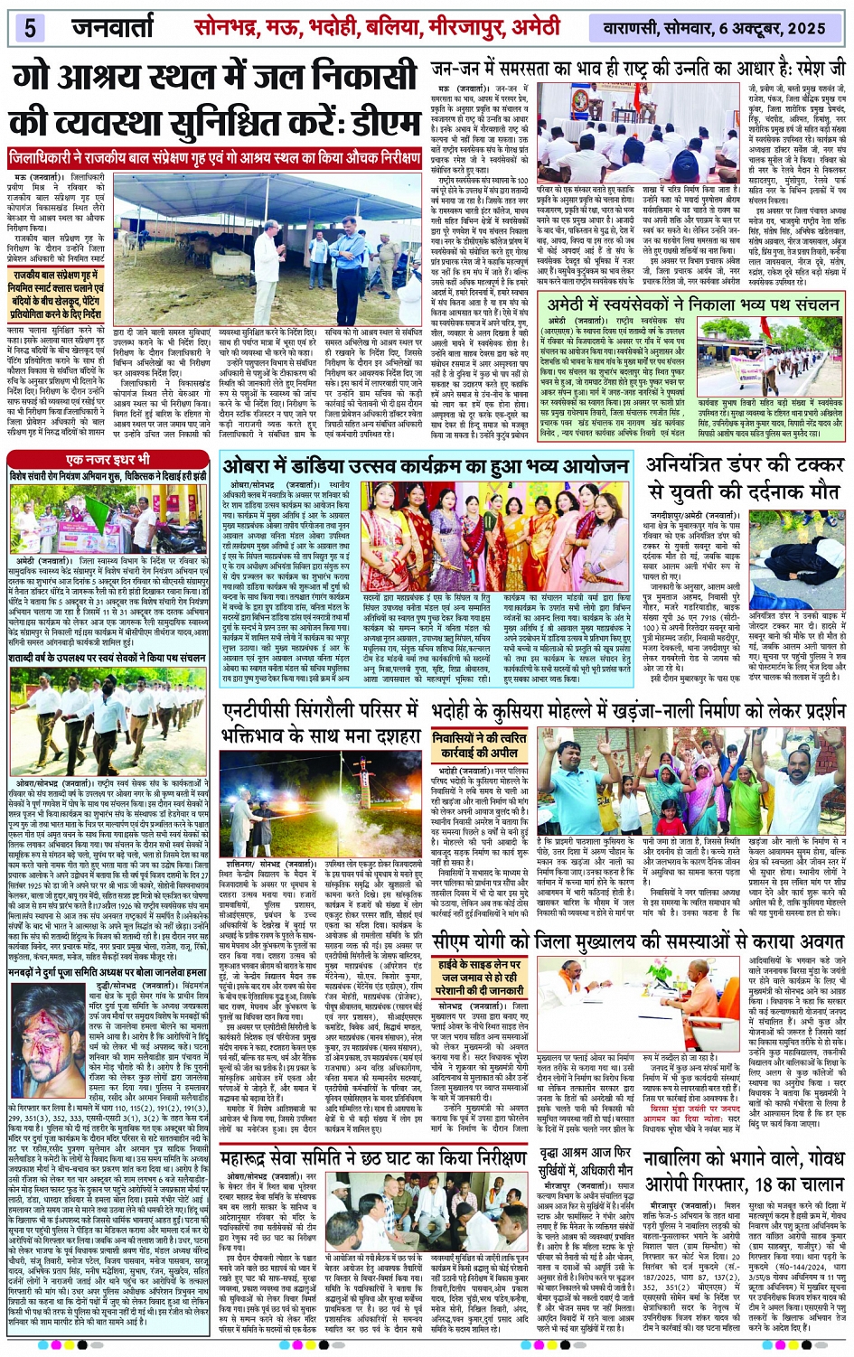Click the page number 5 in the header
point(30,26)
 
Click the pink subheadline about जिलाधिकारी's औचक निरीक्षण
point(215,158)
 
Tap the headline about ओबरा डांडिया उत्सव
point(426,466)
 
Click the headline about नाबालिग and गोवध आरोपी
point(745,1171)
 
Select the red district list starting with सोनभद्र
point(377,26)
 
